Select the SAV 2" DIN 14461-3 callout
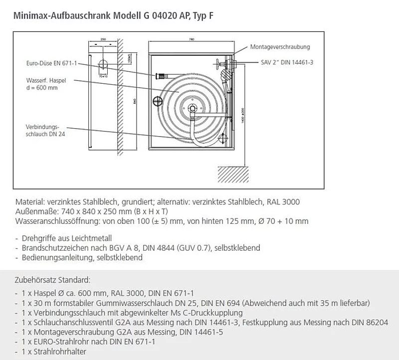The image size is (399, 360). [287, 63]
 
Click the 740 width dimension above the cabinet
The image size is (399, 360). [192, 38]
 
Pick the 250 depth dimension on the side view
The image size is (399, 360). [103, 38]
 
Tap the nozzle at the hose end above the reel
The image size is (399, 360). [161, 76]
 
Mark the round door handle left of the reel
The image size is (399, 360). [158, 102]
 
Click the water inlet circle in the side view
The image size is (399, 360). [103, 65]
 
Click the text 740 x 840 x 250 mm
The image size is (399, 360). [92, 211]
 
